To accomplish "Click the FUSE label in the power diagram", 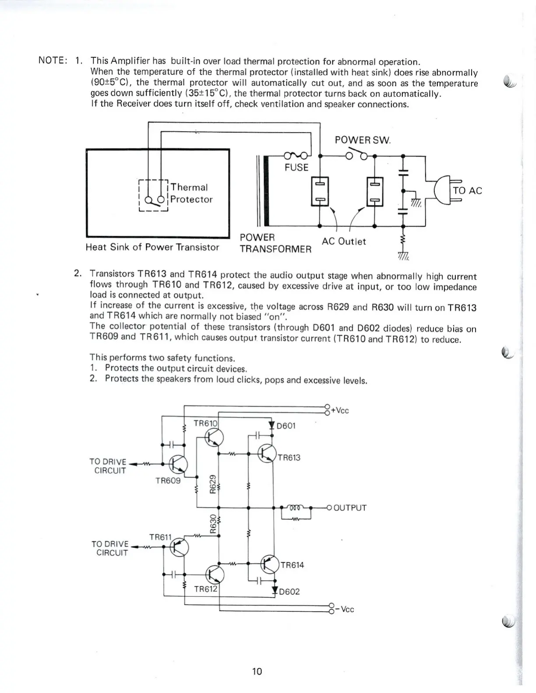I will [296, 168].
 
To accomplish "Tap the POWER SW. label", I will [363, 140].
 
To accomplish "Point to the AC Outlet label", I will [344, 241].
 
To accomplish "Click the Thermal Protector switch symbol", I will [154, 200].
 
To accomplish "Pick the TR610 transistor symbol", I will [214, 437].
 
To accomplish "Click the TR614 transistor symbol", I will [269, 564].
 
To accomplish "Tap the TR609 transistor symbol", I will [178, 464].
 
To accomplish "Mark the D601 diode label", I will [287, 426].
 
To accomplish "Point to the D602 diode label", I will [289, 592].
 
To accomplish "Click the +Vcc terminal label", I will [340, 411].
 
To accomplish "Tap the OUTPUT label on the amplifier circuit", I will [350, 508].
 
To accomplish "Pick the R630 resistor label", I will [213, 523].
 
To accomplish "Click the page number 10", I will [257, 671].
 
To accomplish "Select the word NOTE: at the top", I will [53, 60].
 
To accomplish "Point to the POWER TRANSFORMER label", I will [275, 244].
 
